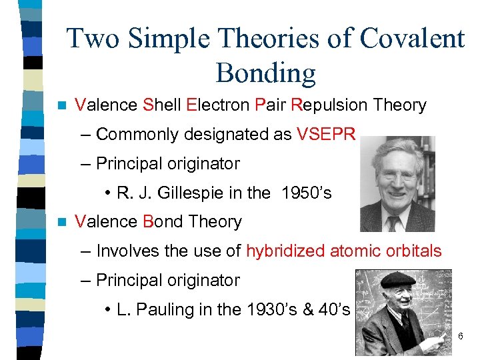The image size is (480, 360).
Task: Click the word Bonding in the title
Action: [265, 73]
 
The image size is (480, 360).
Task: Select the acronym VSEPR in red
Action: [327, 135]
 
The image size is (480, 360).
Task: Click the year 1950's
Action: [307, 193]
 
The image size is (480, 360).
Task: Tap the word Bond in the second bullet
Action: [160, 222]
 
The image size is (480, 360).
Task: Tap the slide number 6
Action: [460, 336]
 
